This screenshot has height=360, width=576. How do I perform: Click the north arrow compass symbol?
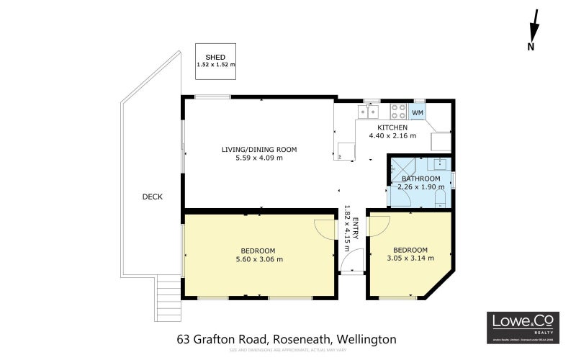pos(534,31)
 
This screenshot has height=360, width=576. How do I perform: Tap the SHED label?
pos(215,57)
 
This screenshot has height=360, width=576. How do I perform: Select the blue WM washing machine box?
pos(418,112)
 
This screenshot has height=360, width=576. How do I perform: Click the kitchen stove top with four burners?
pos(398,112)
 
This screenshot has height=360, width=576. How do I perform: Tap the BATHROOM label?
pos(420,179)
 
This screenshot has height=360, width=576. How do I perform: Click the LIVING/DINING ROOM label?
pos(258,150)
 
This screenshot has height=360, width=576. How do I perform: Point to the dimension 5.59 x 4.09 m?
pos(258,158)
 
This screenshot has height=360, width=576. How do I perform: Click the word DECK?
pos(152,196)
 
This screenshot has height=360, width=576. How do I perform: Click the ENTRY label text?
pos(354,213)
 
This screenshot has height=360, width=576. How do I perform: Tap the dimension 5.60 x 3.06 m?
pos(261,259)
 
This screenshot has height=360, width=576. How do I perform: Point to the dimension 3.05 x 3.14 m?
pos(407,258)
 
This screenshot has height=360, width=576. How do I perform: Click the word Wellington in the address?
pos(366,338)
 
